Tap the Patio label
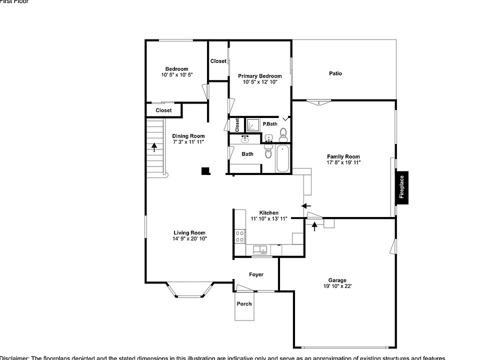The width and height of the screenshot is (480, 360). tap(335, 73)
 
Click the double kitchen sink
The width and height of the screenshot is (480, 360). tap(260, 249)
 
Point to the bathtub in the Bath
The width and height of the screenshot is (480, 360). tap(282, 158)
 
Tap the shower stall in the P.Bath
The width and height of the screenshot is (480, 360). tap(252, 124)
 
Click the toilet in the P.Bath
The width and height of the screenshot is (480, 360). tap(283, 133)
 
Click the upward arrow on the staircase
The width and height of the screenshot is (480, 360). tap(154, 146)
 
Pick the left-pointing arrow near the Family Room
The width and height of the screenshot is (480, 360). tap(306, 205)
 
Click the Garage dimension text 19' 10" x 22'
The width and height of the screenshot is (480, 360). tap(337, 286)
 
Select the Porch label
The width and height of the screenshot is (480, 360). tap(244, 303)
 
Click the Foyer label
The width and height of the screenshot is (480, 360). tap(256, 274)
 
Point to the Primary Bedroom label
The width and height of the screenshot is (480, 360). tap(259, 76)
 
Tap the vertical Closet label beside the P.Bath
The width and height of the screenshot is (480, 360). tap(237, 124)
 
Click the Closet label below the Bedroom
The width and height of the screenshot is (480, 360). tap(163, 110)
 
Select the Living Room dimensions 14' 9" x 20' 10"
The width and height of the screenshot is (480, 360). tap(189, 239)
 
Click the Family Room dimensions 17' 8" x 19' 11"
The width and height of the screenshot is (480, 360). tap(343, 162)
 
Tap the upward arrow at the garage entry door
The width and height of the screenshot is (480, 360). tap(314, 226)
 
